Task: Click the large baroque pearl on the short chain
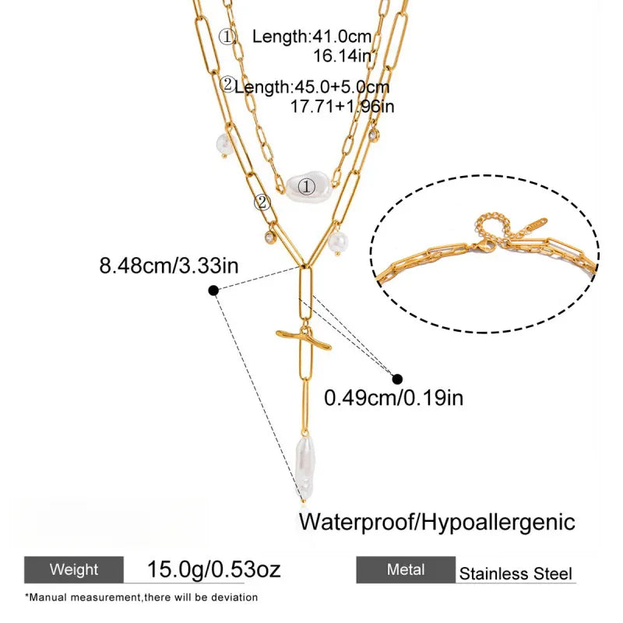click(x=308, y=186)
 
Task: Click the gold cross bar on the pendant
click(x=303, y=340)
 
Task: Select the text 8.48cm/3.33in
click(x=169, y=266)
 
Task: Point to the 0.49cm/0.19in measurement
click(x=394, y=397)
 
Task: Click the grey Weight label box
click(x=74, y=569)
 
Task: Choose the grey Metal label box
click(x=406, y=569)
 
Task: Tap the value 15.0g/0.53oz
click(x=213, y=569)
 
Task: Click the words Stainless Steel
click(x=516, y=574)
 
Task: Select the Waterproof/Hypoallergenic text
click(x=437, y=523)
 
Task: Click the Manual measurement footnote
click(x=142, y=597)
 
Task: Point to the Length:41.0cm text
click(x=312, y=37)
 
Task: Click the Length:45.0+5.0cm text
click(x=312, y=87)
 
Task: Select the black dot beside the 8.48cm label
click(x=213, y=290)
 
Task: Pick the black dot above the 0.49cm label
click(x=397, y=379)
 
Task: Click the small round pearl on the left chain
click(x=224, y=143)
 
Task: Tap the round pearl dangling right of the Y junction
click(x=338, y=242)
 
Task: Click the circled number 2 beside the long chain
click(x=262, y=202)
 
